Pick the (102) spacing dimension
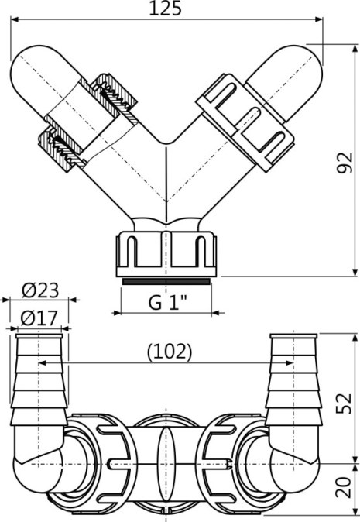pyautogui.click(x=168, y=351)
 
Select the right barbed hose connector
pyautogui.click(x=292, y=379)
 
